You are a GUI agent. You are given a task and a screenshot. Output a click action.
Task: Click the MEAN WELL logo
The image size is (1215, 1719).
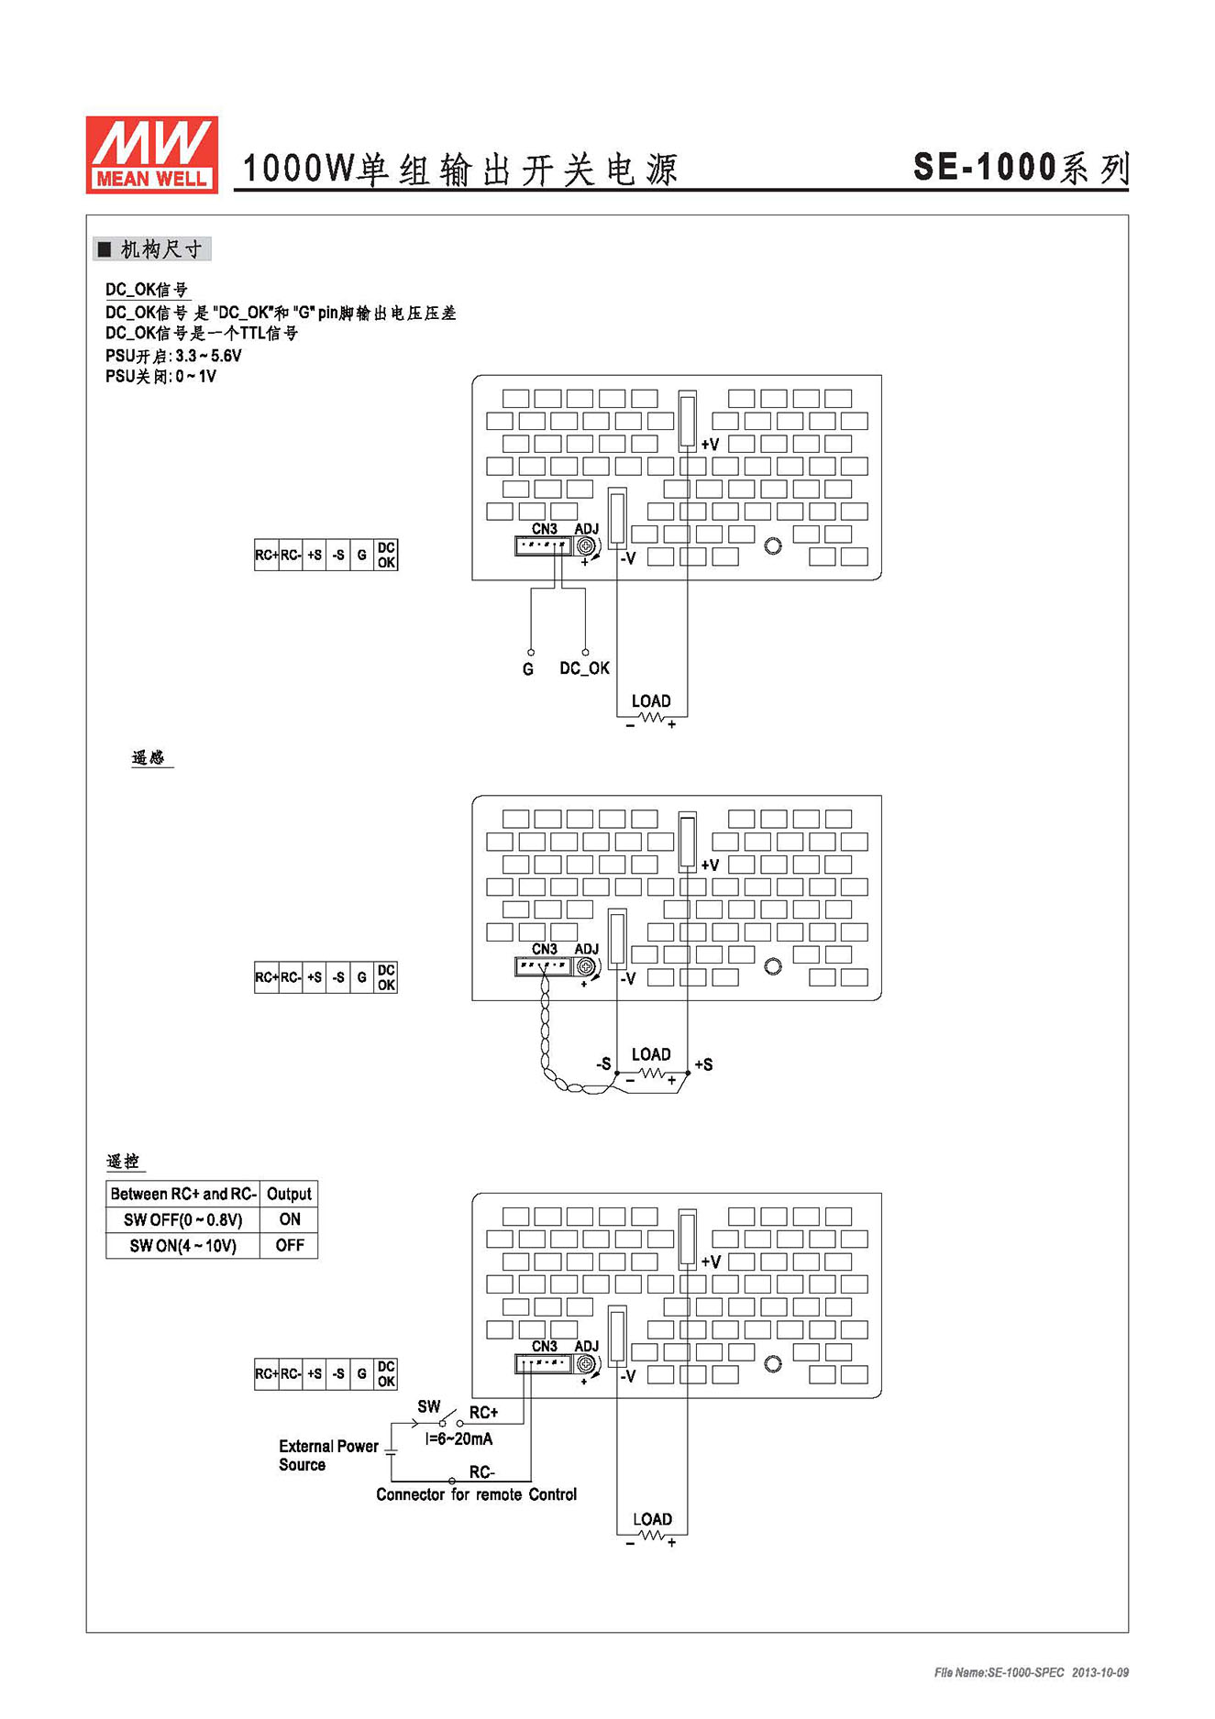152,154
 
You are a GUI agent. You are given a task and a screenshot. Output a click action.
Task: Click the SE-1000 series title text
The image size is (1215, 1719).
1021,168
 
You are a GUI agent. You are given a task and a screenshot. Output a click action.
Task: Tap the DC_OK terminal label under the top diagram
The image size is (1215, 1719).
584,668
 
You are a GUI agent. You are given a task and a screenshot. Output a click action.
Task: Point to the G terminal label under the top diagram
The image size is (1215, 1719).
528,669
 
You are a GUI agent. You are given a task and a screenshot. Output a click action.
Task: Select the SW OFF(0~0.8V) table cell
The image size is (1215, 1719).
183,1219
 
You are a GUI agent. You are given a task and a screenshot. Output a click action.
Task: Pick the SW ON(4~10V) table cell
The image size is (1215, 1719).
183,1245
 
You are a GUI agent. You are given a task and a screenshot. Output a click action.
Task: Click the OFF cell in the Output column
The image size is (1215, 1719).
290,1245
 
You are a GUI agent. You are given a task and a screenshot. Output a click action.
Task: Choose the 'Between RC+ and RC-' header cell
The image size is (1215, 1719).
183,1194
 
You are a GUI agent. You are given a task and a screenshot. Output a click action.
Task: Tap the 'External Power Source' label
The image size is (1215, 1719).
328,1455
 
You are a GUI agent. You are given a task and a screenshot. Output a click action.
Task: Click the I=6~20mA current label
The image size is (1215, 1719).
458,1439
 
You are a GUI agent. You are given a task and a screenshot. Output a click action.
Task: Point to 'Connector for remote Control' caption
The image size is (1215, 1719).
476,1494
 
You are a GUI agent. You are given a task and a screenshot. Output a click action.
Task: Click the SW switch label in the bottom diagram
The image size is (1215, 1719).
429,1406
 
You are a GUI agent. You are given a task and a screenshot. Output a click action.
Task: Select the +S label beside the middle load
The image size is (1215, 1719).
703,1064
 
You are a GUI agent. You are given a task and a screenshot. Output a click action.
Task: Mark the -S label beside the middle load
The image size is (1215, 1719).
603,1063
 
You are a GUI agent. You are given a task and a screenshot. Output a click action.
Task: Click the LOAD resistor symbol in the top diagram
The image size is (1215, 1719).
652,718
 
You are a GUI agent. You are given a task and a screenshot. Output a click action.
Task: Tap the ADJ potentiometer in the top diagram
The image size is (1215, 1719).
585,546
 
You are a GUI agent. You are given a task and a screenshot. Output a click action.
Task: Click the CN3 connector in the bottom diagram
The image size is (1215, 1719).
544,1364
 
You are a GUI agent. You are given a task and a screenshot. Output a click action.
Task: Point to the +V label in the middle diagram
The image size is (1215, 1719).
710,865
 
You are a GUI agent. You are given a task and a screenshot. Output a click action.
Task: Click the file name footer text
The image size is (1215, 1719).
1032,1673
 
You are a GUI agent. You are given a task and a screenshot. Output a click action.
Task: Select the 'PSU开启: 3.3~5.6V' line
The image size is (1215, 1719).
173,356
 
